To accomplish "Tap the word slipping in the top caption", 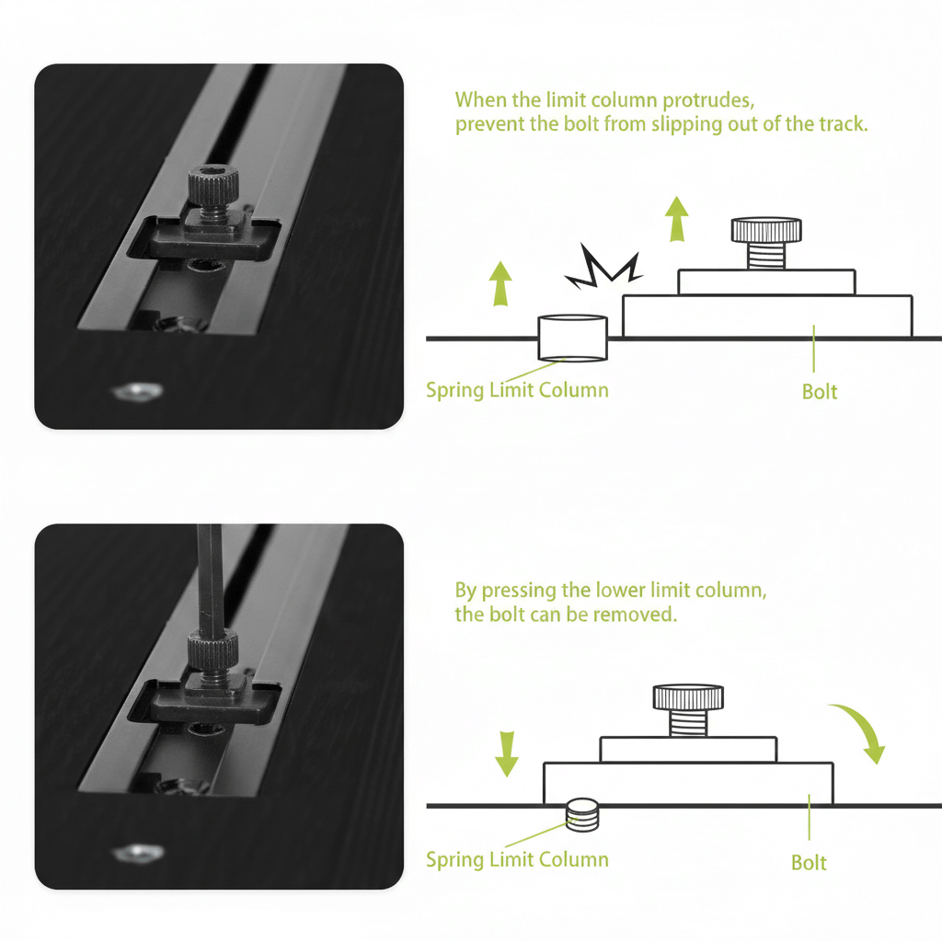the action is (687, 124).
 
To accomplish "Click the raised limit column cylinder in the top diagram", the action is (572, 339).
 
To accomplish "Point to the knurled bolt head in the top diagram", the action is (766, 229).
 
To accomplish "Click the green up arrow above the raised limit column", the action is (500, 283).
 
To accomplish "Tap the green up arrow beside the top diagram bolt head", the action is (677, 219).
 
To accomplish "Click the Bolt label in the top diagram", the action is (820, 392).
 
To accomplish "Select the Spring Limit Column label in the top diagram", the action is (517, 390).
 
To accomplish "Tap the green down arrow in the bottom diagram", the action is (507, 754).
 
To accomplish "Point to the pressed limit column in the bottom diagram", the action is (582, 815).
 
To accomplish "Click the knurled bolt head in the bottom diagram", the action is (688, 697).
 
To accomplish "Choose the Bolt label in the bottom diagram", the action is (809, 863).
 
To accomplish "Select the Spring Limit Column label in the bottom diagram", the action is (517, 860).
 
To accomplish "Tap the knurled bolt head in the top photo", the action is (213, 186).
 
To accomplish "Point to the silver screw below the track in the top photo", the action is (138, 392).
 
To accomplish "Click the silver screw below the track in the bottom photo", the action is (138, 853).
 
